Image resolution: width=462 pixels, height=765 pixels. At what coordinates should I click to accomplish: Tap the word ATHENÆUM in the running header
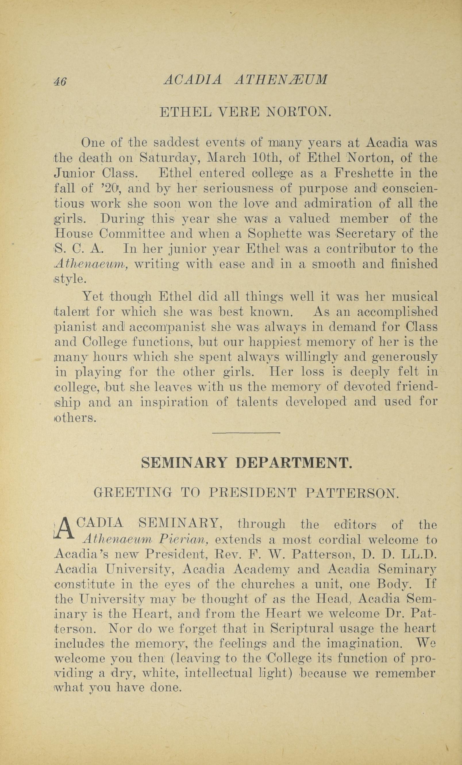point(281,80)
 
